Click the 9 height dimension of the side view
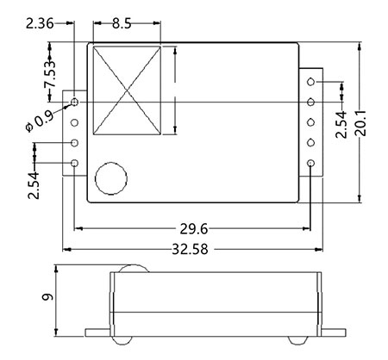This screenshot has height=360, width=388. coord(47,301)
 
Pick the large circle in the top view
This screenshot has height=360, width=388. coord(110,178)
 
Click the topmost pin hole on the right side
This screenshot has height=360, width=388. coord(310,82)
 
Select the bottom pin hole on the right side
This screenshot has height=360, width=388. coord(310,163)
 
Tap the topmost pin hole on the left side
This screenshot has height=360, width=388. coord(75,102)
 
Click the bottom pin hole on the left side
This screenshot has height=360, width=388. coord(75,163)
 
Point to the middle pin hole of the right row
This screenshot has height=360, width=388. coord(310,122)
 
